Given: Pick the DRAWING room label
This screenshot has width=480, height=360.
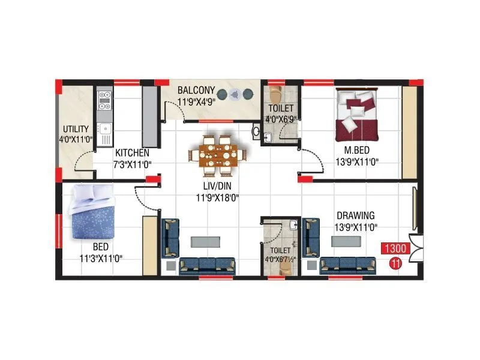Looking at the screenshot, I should point(355,215).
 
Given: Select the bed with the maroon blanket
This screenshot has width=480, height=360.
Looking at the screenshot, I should point(357,113).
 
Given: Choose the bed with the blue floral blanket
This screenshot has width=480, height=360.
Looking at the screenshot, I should point(90,215).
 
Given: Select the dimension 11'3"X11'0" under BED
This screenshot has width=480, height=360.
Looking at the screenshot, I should point(100,258).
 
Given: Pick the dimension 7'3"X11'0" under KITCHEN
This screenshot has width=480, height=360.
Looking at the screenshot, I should point(132,164).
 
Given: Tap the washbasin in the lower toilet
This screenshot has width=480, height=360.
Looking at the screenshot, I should point(293,226).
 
